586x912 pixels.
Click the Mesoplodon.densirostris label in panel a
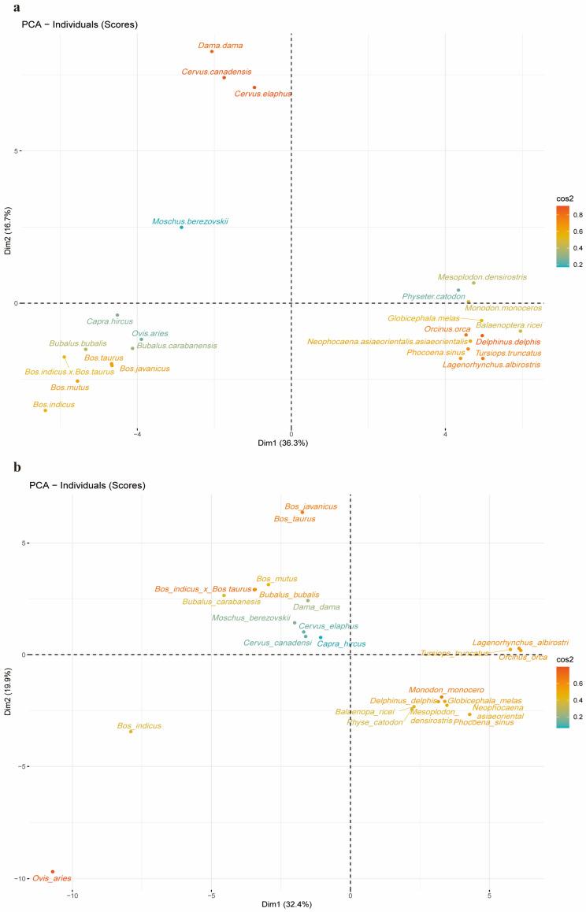[483, 277]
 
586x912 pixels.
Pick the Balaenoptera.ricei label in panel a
[509, 324]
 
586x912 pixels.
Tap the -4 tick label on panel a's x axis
[137, 434]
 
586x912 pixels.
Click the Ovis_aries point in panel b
[53, 872]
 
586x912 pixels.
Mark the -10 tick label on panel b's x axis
[72, 895]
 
